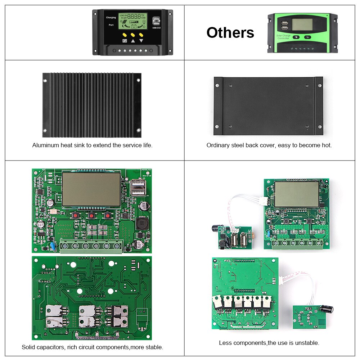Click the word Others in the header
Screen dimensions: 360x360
point(230,32)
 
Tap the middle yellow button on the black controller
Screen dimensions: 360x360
point(133,35)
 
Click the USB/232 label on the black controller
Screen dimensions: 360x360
point(157,27)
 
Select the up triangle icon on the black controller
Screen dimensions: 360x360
point(133,41)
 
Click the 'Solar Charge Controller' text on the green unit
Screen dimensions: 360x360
point(283,37)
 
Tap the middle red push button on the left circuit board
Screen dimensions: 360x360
point(91,216)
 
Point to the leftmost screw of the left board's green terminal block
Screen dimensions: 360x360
point(66,246)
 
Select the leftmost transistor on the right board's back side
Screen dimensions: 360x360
point(218,302)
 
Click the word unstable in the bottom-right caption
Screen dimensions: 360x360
point(306,343)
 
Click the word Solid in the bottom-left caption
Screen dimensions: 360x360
point(28,347)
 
